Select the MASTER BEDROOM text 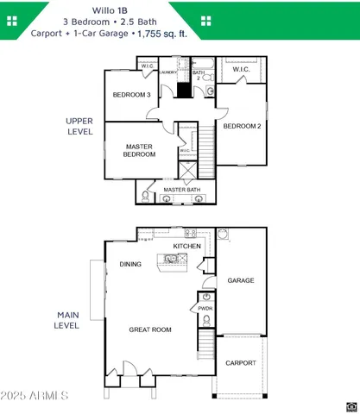pos(139,151)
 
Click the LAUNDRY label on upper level pos(167,72)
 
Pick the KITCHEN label pos(186,247)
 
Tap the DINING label pos(130,265)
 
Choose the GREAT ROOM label pos(150,329)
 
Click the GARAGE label pos(240,281)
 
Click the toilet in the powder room pos(205,320)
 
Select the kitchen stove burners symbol pos(191,232)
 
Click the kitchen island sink pos(171,258)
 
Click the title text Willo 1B pos(179,7)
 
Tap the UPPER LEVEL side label pos(79,126)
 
